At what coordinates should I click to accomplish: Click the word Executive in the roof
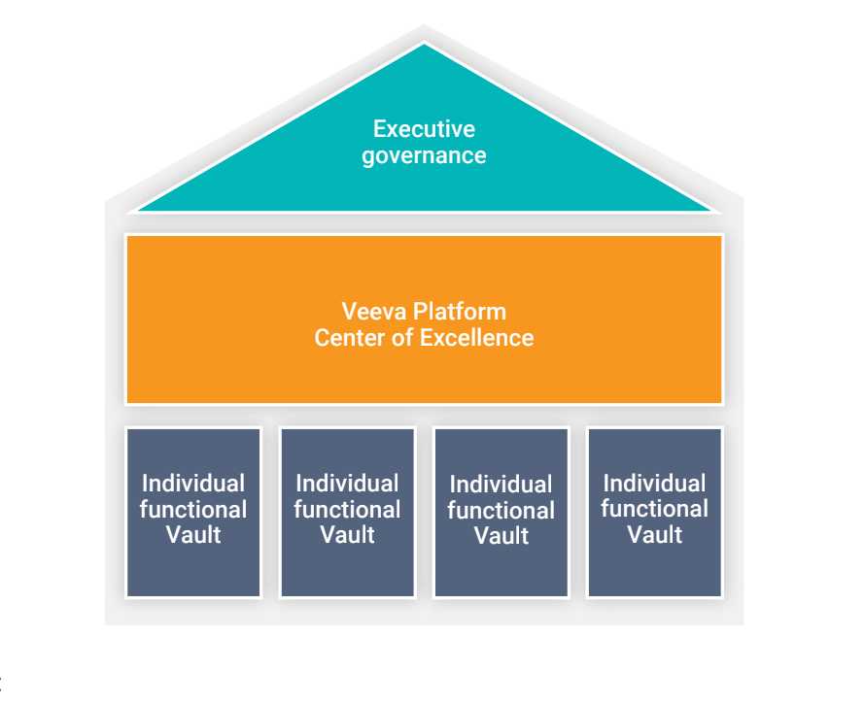[424, 129]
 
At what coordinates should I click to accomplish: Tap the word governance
[424, 155]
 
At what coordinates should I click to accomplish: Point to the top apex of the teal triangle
[424, 45]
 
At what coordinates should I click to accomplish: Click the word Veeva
[372, 312]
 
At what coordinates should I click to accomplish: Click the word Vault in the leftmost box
[193, 534]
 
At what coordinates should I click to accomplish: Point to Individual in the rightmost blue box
[654, 484]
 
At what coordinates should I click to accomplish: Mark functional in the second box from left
[347, 509]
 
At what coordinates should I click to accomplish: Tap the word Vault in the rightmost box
[654, 534]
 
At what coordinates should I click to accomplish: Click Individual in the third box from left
[501, 485]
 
